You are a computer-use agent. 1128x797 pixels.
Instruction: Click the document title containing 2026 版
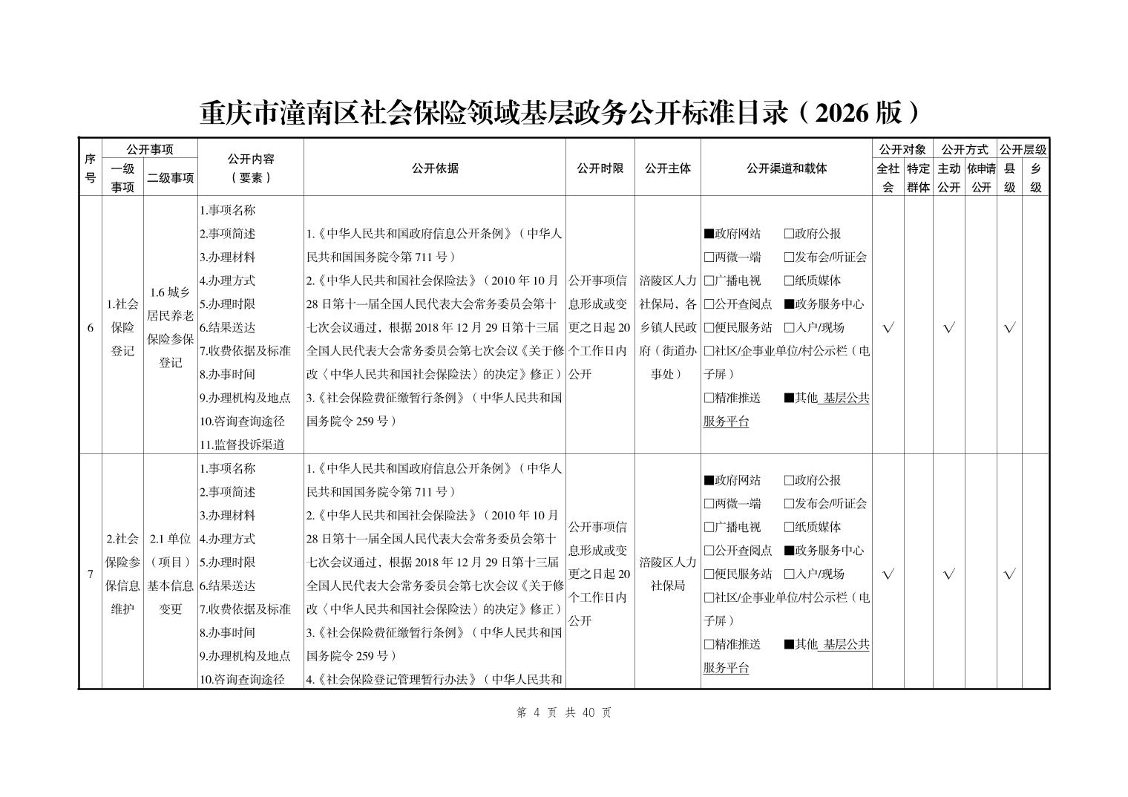point(563,113)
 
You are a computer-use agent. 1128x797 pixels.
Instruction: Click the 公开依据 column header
point(435,168)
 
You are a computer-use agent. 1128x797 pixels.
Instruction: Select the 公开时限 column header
point(600,168)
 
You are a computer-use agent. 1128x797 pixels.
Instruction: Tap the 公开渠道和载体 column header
point(786,168)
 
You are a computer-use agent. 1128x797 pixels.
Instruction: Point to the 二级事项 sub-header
point(171,178)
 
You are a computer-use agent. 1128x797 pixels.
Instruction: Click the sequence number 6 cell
point(91,327)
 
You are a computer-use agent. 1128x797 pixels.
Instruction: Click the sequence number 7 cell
point(91,574)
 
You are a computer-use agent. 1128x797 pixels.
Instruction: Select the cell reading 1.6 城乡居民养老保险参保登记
point(171,327)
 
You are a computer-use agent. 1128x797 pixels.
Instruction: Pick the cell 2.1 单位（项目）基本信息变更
point(171,574)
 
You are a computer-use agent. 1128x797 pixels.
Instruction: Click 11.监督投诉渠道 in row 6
point(242,445)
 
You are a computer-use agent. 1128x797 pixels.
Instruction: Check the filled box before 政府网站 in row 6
point(709,234)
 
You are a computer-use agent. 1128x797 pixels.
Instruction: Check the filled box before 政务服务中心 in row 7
point(789,551)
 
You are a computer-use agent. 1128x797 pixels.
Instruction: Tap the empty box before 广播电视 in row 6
point(709,281)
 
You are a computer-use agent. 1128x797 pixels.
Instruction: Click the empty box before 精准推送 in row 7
point(709,644)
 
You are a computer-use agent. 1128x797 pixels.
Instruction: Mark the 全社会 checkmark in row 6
point(888,327)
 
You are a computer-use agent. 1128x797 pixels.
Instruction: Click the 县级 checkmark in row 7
point(1009,574)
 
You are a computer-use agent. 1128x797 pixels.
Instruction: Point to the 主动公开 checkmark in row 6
point(948,327)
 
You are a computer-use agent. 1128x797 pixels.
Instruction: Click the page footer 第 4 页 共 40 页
point(563,712)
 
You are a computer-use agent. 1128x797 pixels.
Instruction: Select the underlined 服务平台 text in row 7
point(727,668)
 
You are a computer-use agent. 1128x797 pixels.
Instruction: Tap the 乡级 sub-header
point(1035,178)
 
